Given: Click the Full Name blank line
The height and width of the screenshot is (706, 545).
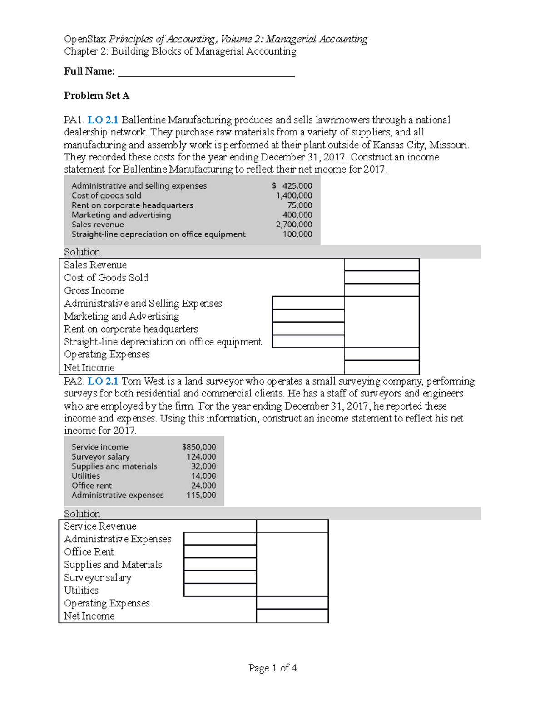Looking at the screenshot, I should click(206, 72).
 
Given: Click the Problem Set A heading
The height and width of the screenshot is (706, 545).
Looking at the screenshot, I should click(96, 95).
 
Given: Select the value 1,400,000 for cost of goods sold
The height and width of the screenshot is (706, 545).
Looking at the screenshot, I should click(294, 195).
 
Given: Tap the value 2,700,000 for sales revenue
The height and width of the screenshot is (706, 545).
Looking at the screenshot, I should click(294, 225).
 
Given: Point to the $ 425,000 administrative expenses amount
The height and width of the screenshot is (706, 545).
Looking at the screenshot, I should click(292, 186).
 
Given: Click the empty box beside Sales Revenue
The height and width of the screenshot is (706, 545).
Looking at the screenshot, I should click(381, 265).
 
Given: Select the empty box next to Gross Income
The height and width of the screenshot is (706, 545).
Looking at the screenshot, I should click(381, 290).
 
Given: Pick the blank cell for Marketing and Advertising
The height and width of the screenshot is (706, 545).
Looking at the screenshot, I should click(308, 316).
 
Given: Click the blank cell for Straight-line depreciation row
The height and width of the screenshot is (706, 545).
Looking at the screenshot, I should click(308, 341).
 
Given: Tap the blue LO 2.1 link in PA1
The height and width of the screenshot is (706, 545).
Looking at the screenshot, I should click(103, 120).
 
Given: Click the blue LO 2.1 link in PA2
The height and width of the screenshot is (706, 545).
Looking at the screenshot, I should click(103, 381).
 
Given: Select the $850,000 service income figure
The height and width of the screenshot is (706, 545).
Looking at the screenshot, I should click(199, 447).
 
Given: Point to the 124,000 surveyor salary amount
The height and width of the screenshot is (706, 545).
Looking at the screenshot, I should click(201, 457).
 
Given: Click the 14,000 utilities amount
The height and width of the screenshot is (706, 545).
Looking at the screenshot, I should click(203, 476).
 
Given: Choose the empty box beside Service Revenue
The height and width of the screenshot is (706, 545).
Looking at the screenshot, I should click(292, 526).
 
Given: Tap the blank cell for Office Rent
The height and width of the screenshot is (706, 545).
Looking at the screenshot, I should click(220, 551).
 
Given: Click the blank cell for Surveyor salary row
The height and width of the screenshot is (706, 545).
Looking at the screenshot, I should click(220, 577).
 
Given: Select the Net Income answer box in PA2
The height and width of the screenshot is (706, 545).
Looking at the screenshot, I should click(292, 616).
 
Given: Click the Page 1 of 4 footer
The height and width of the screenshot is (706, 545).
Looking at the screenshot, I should click(272, 668).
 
